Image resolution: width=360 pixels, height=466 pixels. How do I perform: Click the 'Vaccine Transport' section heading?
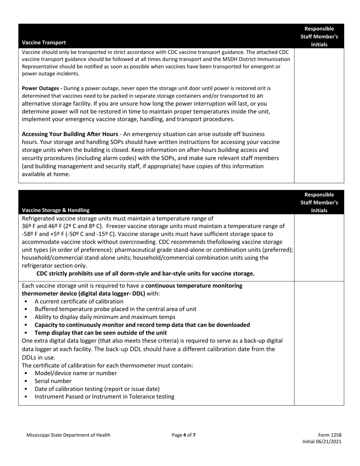[44, 42]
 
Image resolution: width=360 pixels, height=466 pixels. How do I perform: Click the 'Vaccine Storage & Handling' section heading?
[56, 210]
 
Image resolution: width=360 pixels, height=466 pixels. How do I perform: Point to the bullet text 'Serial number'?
[53, 381]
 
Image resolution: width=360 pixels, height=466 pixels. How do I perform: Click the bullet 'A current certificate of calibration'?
[79, 302]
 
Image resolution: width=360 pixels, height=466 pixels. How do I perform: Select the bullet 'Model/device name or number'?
[76, 373]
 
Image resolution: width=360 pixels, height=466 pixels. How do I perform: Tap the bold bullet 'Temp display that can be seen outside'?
[100, 333]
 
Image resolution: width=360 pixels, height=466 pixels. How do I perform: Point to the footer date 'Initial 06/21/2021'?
[322, 442]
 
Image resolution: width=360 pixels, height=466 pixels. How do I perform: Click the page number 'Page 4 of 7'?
[184, 435]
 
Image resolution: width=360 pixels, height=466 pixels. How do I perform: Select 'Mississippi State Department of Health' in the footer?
[69, 435]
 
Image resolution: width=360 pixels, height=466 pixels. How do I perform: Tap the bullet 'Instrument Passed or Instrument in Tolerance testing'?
[104, 397]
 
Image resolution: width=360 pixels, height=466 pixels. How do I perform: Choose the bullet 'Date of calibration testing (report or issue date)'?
[97, 389]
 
